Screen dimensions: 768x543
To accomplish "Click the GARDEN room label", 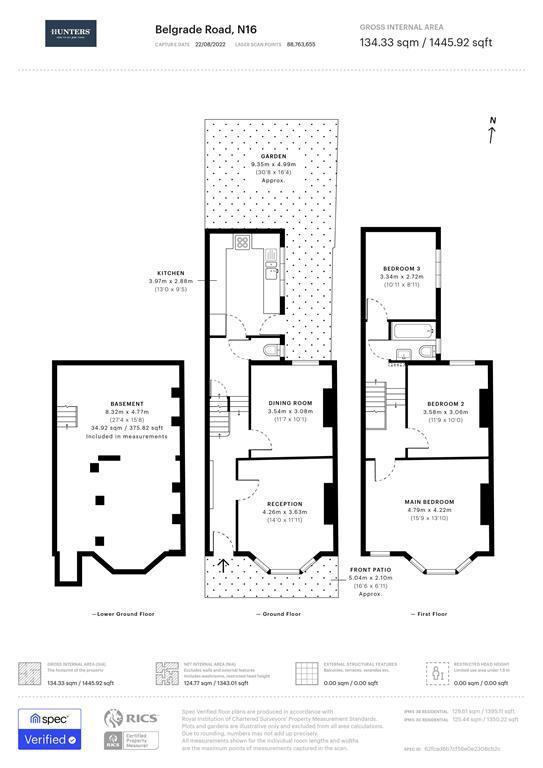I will (273, 157).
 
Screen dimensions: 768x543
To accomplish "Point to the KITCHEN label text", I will (171, 273).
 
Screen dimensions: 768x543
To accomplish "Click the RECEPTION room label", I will (284, 504).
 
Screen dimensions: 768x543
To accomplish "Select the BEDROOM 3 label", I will (400, 268).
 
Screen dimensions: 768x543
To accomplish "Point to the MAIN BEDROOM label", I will (430, 501).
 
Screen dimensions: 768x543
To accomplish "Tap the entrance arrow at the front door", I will (222, 566).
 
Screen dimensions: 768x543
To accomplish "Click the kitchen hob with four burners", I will (241, 243).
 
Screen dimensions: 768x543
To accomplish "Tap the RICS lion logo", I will (117, 717).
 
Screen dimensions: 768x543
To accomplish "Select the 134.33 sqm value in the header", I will (383, 43).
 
